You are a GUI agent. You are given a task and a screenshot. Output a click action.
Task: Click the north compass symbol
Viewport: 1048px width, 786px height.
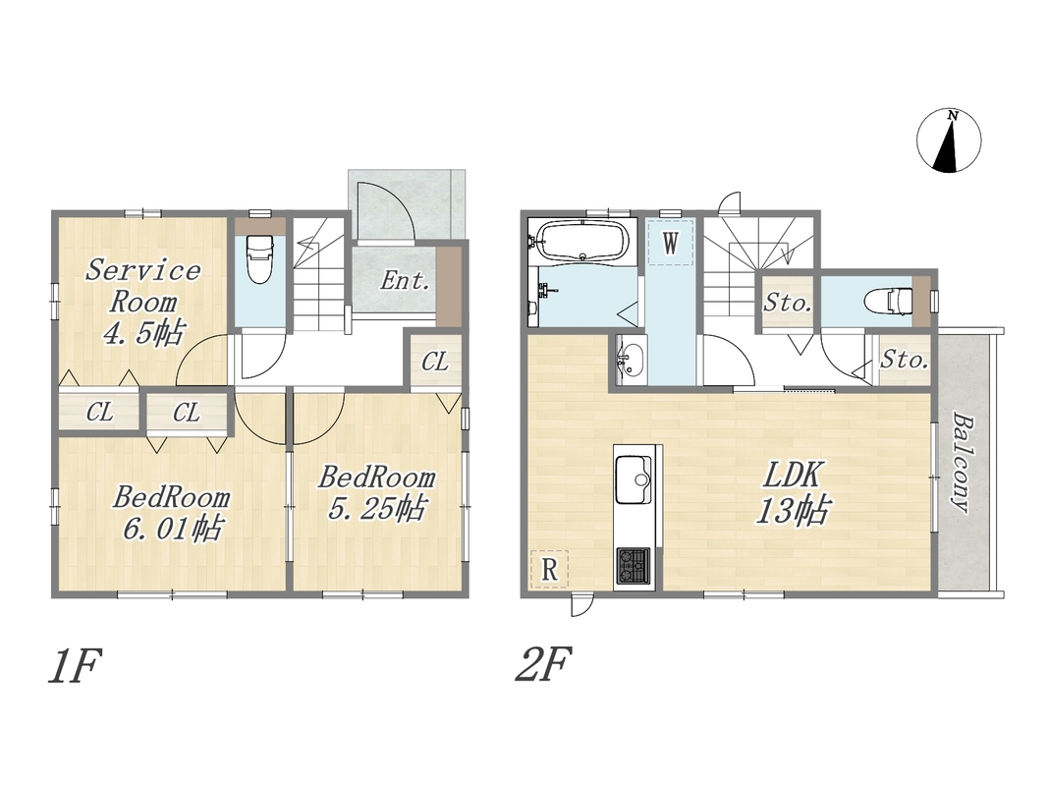[x=949, y=141]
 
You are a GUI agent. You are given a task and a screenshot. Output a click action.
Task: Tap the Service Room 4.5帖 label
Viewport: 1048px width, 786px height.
[x=143, y=302]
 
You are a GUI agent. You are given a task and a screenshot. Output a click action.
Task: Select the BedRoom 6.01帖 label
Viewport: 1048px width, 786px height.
[x=172, y=513]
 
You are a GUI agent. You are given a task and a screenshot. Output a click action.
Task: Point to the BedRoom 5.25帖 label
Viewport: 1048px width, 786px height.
[x=377, y=493]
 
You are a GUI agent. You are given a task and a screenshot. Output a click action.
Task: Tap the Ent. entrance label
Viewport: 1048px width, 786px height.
[x=405, y=281]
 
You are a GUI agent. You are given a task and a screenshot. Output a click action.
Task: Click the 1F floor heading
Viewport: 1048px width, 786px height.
[x=75, y=666]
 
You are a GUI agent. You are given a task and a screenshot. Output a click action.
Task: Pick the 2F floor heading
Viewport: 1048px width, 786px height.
[x=543, y=664]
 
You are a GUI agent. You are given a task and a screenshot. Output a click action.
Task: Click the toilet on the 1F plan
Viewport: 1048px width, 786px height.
[x=260, y=258]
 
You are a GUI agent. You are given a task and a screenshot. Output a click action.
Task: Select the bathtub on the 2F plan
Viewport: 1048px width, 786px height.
[x=582, y=242]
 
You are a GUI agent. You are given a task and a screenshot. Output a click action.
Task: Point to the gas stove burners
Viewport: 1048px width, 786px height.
[x=633, y=565]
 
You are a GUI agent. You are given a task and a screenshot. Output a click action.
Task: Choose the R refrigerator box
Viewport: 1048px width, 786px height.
[x=549, y=570]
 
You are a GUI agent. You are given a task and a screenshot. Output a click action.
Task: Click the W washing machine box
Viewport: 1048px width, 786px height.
[x=671, y=242]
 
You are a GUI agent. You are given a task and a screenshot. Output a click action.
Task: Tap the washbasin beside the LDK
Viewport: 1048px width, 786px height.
[x=629, y=361]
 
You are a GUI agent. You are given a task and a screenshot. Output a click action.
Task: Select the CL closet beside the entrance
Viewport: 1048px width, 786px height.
[x=435, y=362]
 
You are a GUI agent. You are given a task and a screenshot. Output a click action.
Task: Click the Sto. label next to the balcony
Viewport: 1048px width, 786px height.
[x=903, y=361]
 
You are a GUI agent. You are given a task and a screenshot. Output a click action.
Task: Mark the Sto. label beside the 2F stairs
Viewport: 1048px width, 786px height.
[x=788, y=304]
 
